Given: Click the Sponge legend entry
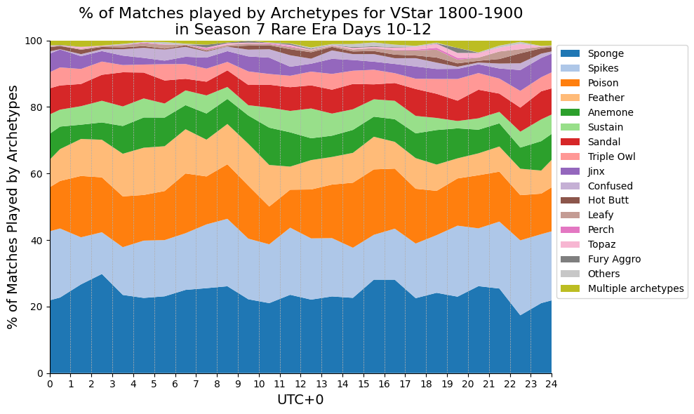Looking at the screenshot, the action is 592,53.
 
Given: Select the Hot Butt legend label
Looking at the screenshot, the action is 608,200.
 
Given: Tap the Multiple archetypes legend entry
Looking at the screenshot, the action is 622,288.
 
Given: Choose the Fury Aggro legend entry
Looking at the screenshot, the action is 601,259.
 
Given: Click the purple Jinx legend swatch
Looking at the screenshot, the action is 570,171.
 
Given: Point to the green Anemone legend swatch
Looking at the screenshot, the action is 570,112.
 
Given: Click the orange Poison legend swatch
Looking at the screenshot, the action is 570,83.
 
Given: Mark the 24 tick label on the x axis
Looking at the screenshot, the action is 552,383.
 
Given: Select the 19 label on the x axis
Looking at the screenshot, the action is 447,383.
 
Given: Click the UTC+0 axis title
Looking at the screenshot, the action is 300,400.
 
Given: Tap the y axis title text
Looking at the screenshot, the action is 13,207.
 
